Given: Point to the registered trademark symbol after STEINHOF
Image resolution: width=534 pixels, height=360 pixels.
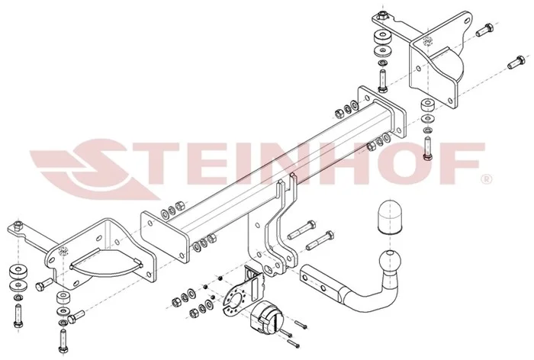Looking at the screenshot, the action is tap(487, 178).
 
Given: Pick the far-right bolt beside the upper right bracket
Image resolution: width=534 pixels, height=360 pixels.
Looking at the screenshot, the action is tap(516, 62).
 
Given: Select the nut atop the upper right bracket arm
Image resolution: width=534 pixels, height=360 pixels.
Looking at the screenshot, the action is tap(382, 15).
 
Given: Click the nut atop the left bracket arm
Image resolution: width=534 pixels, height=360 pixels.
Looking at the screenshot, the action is tap(18, 225).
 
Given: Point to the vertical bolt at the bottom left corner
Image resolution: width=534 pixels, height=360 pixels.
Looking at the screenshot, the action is tap(18, 315).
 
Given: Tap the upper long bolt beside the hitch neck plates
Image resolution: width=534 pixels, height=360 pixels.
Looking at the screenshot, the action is tap(301, 230).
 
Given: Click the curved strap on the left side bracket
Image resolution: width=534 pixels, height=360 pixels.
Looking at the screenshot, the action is tap(106, 263).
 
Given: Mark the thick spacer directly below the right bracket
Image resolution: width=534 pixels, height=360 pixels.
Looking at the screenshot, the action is tap(427, 104).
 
